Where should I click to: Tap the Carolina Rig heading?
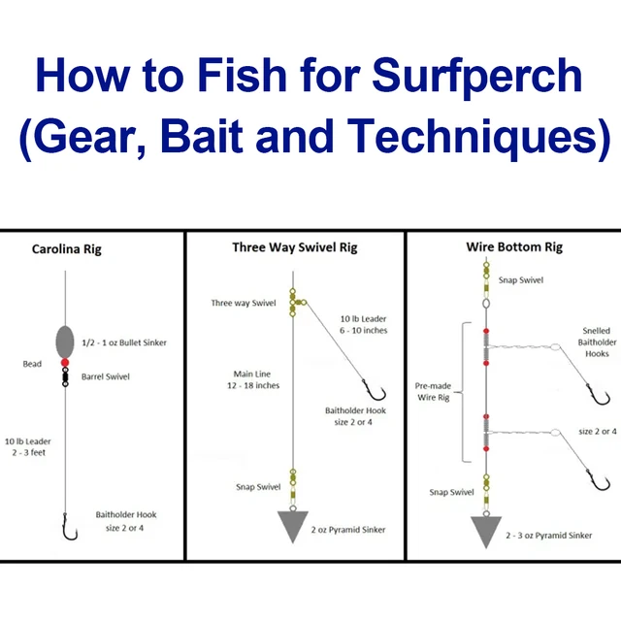66,249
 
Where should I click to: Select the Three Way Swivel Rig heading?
294,247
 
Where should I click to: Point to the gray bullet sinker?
65,342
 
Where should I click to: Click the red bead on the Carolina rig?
65,364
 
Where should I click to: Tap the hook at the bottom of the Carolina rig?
68,528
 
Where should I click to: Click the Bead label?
33,365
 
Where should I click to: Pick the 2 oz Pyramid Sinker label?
347,530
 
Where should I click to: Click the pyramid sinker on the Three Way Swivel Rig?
293,524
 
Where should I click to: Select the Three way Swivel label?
243,304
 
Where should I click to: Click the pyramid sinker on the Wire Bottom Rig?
487,531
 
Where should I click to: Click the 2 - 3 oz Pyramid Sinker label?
548,535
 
